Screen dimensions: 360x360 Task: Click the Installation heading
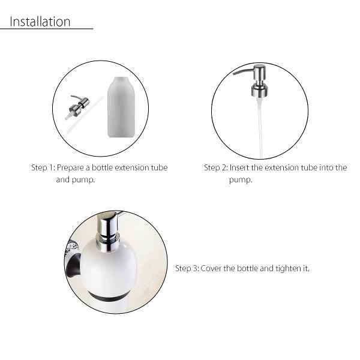point(40,22)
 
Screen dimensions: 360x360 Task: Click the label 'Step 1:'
point(43,168)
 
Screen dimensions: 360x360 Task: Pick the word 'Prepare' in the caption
point(72,168)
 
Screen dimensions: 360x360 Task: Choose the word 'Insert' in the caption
point(242,168)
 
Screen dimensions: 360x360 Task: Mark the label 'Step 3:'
point(187,268)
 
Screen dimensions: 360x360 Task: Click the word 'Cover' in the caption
point(212,268)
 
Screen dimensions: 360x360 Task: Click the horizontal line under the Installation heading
point(51,29)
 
